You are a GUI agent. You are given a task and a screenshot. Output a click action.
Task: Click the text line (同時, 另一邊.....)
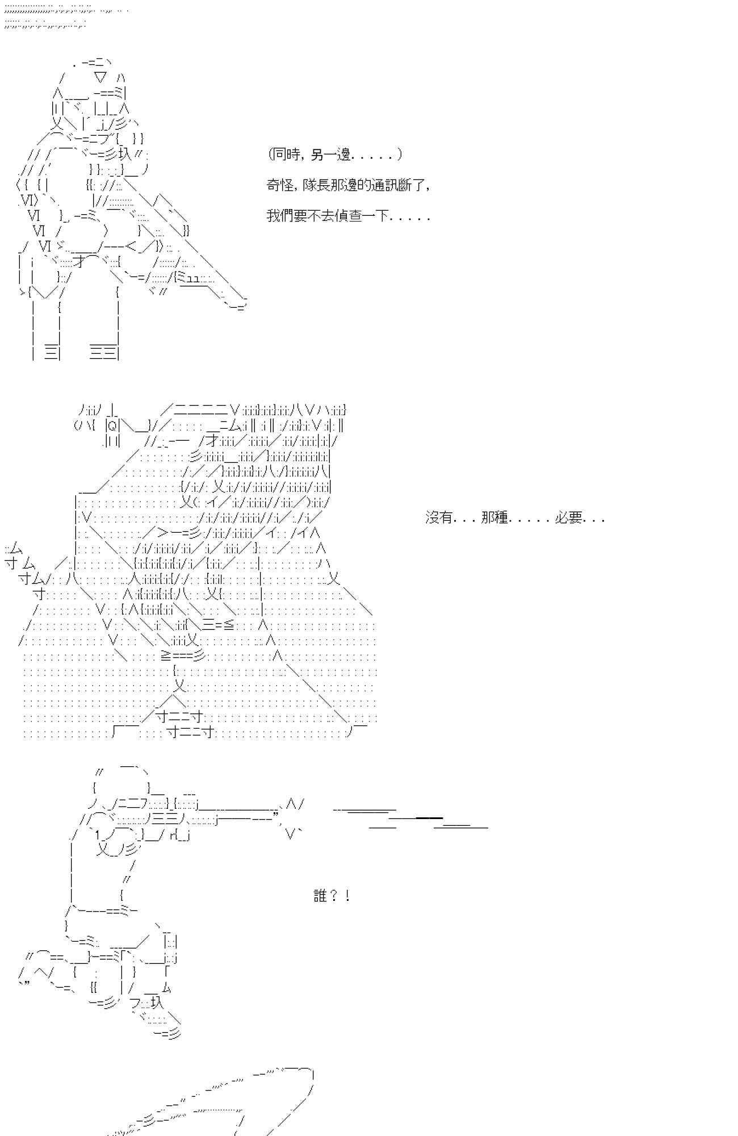click(335, 154)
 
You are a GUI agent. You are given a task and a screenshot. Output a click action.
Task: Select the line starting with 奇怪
click(348, 185)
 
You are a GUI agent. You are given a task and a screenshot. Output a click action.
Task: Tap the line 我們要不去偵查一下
click(348, 216)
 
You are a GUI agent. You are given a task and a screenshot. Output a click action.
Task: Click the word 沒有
click(439, 517)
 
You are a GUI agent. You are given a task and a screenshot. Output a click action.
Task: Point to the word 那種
click(494, 517)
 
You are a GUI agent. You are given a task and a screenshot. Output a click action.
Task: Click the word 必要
click(569, 517)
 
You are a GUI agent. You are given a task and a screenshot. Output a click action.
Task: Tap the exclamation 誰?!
click(332, 896)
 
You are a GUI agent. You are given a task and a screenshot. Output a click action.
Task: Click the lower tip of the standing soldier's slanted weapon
click(238, 307)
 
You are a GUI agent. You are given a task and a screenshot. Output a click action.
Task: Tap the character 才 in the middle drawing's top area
click(212, 440)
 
